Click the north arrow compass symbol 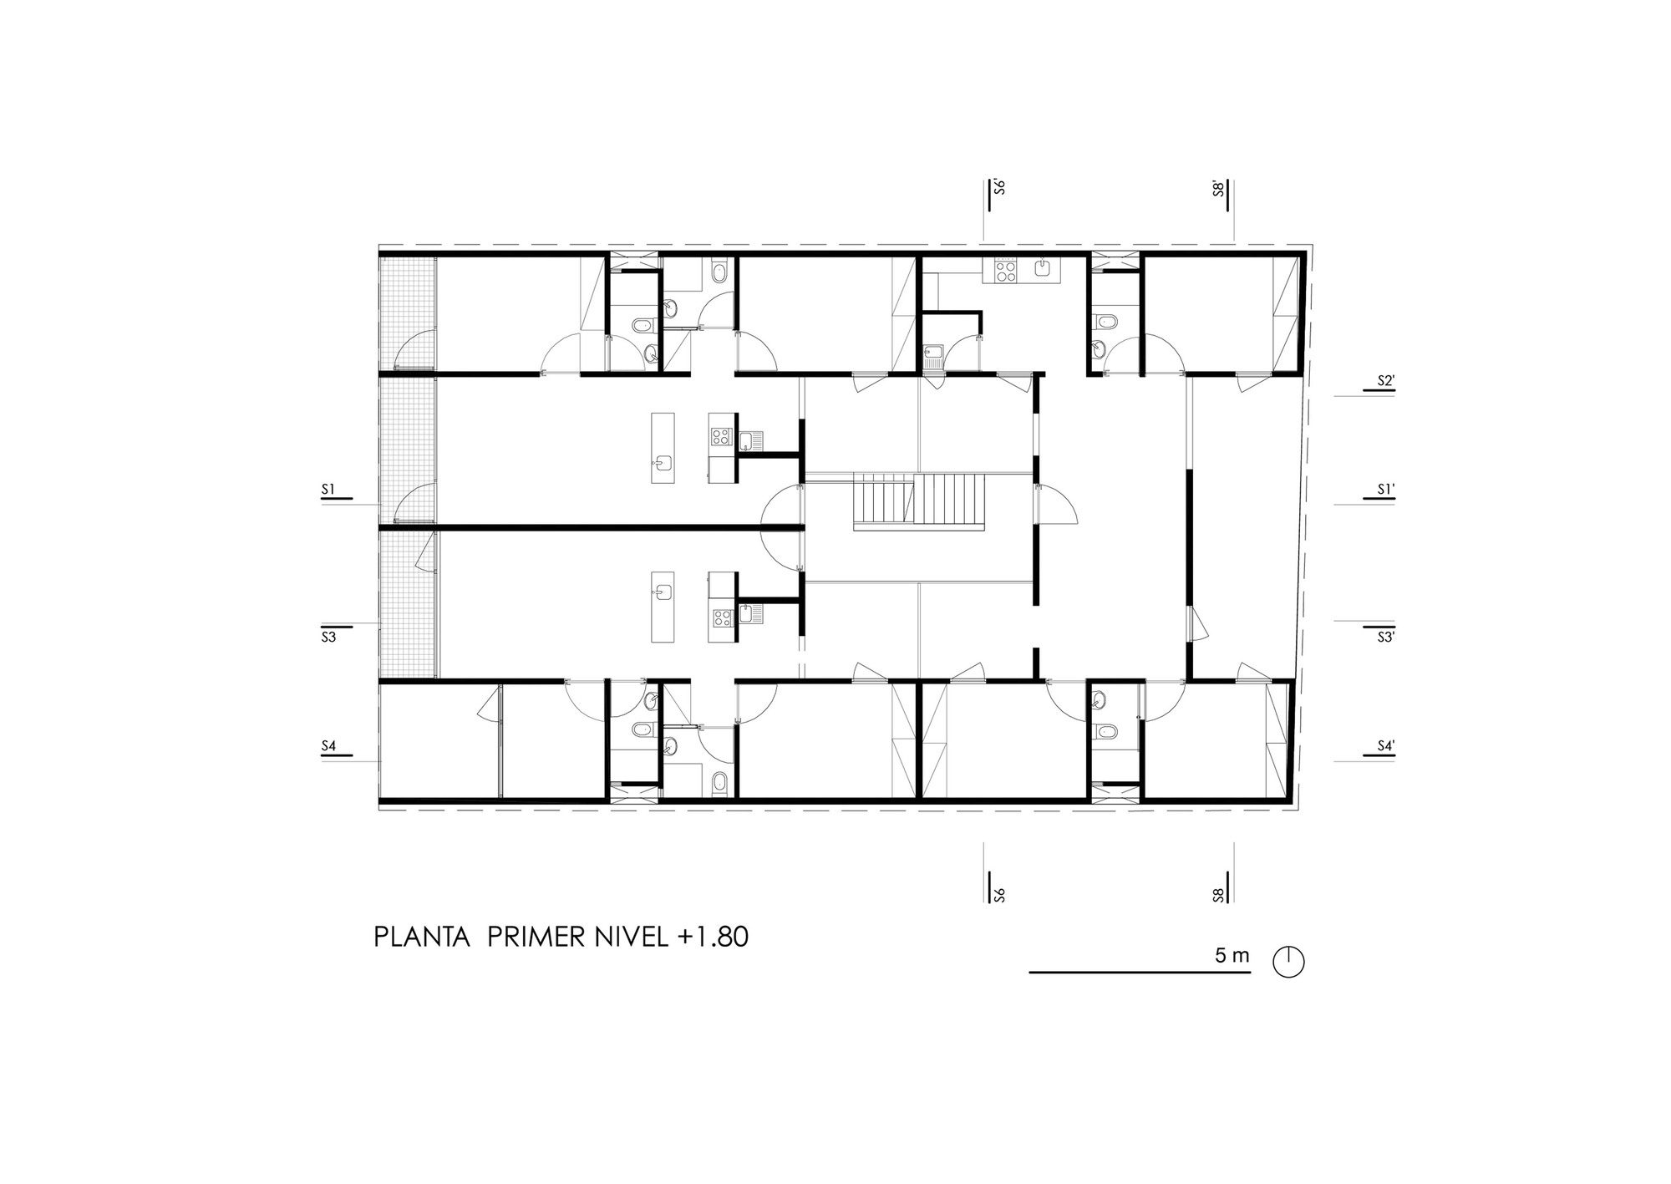tap(1288, 962)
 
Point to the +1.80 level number tap(714, 937)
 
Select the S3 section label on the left tap(328, 637)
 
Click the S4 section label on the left tap(328, 744)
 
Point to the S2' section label tap(1386, 381)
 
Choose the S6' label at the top tap(998, 186)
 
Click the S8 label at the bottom tap(1219, 896)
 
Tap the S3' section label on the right tap(1386, 637)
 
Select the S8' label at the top tap(1219, 187)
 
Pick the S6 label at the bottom tap(998, 896)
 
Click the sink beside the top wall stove tap(1043, 267)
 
